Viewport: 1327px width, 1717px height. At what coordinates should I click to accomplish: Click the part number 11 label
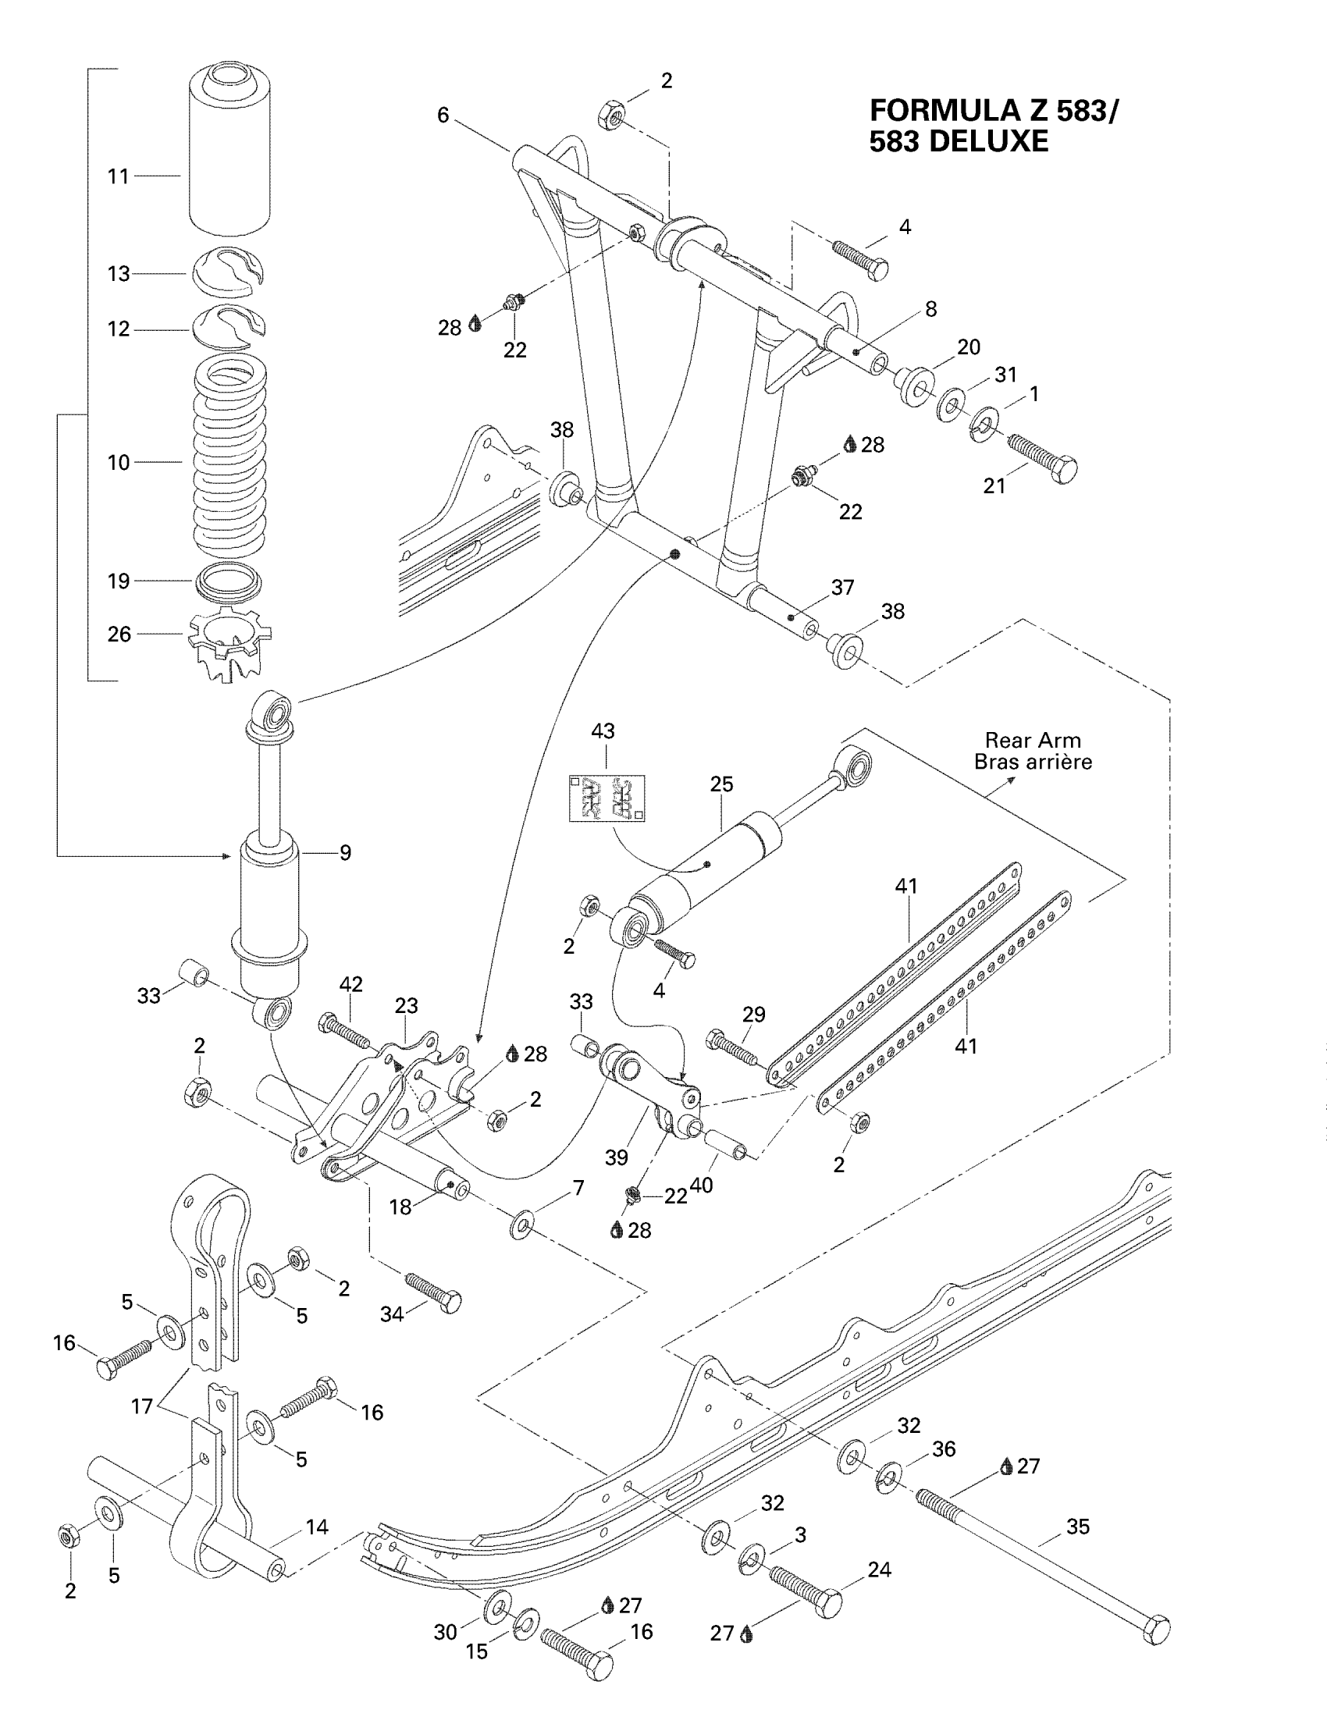tap(118, 176)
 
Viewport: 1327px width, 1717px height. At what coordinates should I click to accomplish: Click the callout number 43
tap(603, 731)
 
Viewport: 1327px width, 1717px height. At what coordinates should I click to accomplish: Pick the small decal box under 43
tap(606, 798)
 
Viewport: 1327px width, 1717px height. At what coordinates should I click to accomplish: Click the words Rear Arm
tap(1032, 741)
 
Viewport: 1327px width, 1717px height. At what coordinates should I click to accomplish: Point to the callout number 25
tap(721, 784)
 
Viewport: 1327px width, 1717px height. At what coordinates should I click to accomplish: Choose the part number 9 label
tap(345, 852)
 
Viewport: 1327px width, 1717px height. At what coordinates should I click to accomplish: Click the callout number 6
tap(443, 116)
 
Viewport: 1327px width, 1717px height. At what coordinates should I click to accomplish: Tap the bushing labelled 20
tap(914, 385)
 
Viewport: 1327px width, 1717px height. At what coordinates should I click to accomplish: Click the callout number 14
tap(317, 1527)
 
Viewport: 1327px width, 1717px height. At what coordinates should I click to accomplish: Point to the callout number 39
tap(617, 1157)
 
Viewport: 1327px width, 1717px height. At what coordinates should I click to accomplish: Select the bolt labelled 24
tap(805, 1588)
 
